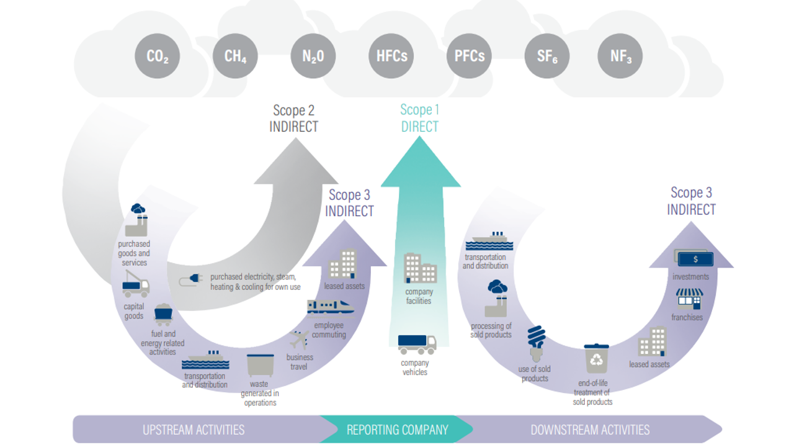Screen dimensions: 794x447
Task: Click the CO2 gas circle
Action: (158, 56)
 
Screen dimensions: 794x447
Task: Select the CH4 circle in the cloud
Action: (235, 56)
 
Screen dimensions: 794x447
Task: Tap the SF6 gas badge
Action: (547, 56)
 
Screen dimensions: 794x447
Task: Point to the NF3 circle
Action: (620, 56)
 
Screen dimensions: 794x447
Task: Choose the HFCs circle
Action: (391, 56)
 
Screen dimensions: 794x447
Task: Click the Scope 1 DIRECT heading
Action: (420, 118)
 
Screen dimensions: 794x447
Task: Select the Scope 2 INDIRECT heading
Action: (294, 119)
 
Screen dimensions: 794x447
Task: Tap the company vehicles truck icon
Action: (417, 345)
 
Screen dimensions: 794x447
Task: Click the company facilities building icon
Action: (421, 268)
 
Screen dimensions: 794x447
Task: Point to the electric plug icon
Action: (191, 280)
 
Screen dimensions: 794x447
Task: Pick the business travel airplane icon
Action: (299, 340)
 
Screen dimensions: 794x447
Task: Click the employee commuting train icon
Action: (331, 307)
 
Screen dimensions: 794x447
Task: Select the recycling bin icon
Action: (597, 358)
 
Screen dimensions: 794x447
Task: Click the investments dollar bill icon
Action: (694, 259)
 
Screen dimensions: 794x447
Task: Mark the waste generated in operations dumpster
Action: (261, 365)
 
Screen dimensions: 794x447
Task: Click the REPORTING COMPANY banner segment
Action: (397, 430)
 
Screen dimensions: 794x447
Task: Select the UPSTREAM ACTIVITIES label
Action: (194, 430)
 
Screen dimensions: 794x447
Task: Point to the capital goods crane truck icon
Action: (136, 284)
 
